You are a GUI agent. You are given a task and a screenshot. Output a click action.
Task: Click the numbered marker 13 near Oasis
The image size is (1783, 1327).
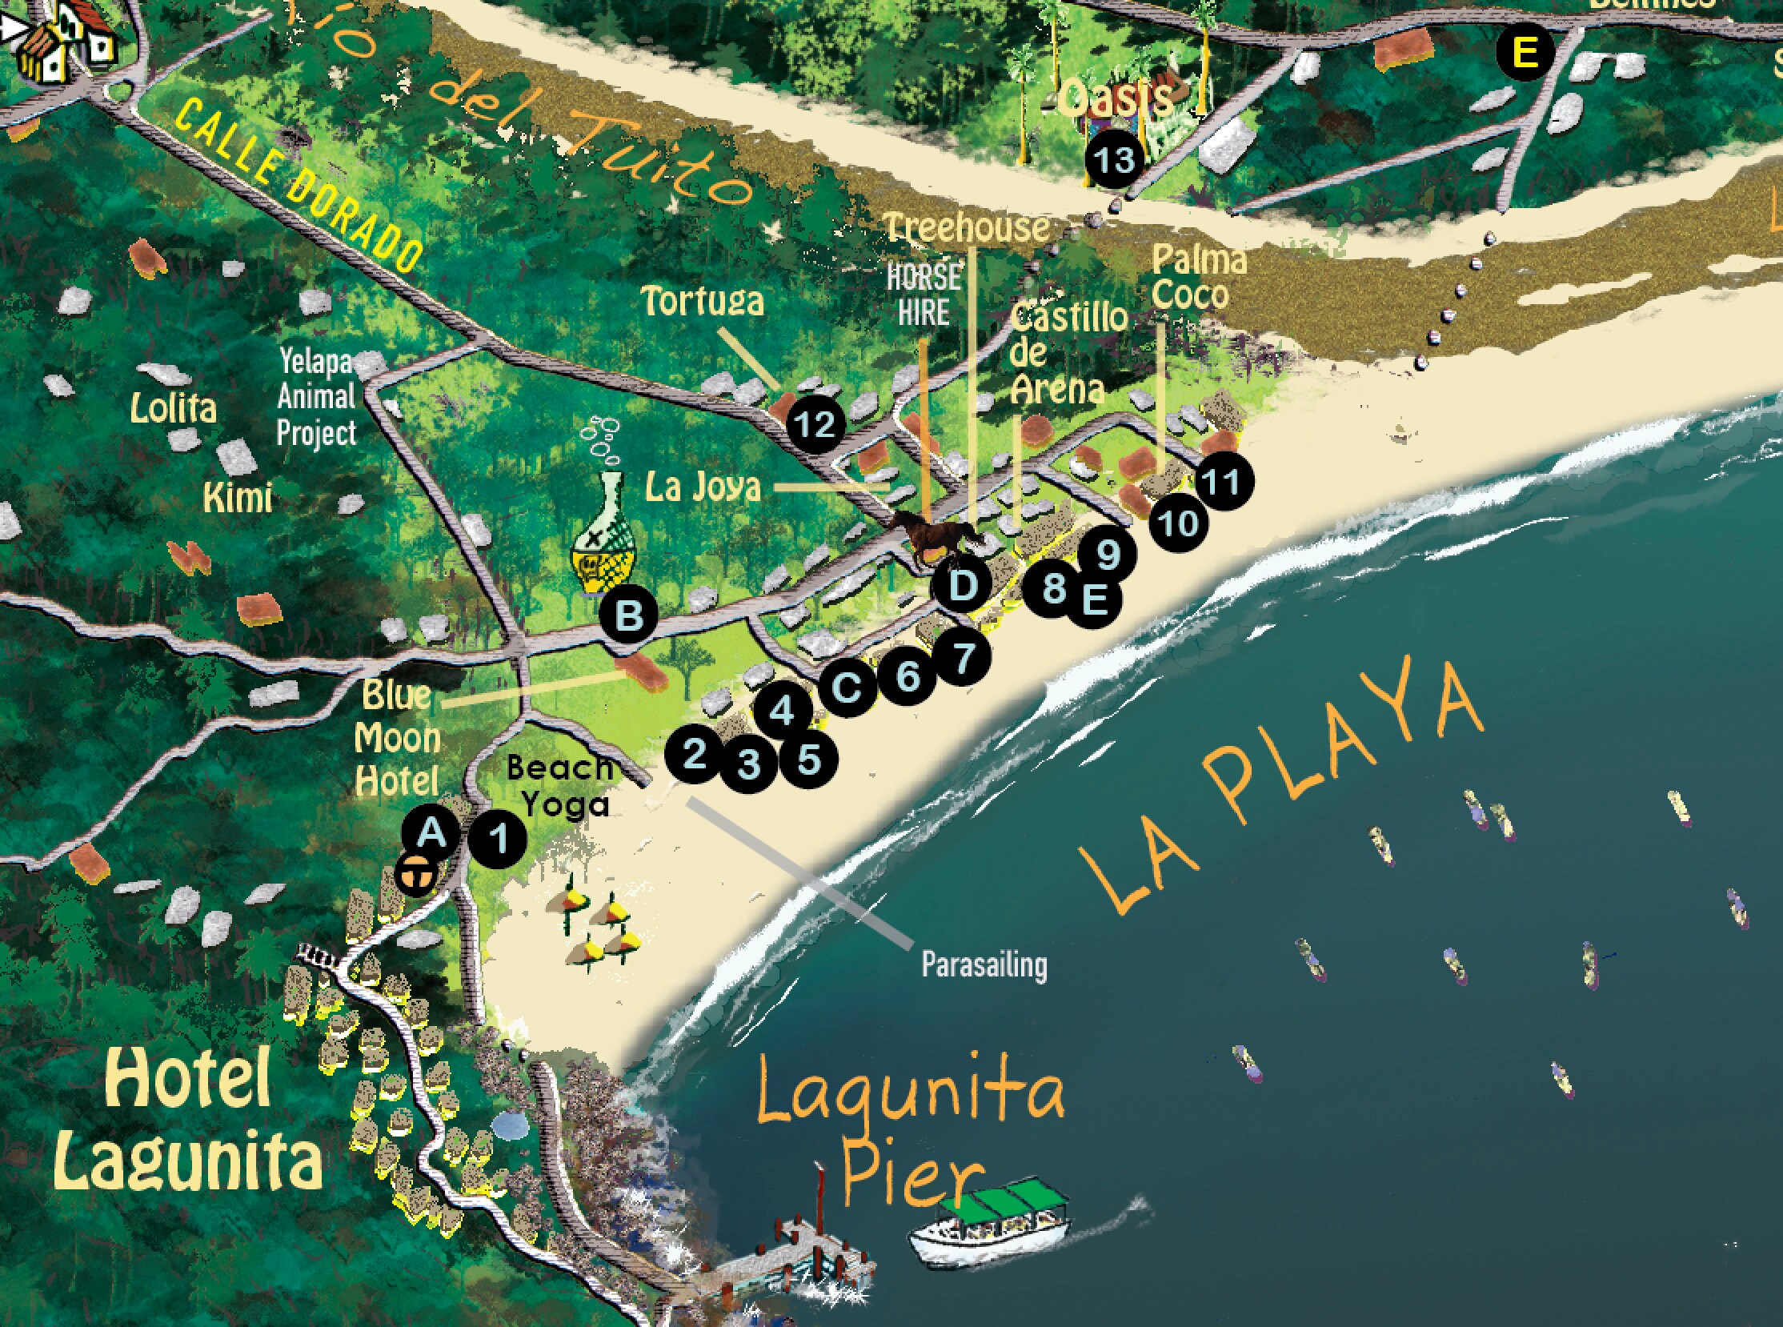(1114, 161)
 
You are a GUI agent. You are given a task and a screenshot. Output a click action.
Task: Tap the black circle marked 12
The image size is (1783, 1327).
(815, 424)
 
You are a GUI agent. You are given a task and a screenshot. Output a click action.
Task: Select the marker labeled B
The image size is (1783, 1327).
(629, 617)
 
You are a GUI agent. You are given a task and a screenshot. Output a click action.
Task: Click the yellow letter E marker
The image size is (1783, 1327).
(1525, 54)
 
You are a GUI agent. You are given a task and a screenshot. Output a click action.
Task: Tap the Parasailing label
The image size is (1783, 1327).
(984, 964)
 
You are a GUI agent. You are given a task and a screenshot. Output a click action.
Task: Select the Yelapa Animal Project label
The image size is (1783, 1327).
(316, 398)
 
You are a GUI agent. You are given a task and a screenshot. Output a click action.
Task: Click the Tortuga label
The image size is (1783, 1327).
(702, 302)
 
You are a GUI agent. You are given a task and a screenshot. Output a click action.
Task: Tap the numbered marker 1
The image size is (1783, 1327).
(499, 840)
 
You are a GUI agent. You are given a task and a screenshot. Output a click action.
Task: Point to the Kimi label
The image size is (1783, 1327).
(238, 498)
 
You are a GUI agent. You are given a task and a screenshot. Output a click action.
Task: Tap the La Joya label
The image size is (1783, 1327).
(703, 487)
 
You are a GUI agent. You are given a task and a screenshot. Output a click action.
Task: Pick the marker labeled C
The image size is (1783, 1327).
(847, 688)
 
